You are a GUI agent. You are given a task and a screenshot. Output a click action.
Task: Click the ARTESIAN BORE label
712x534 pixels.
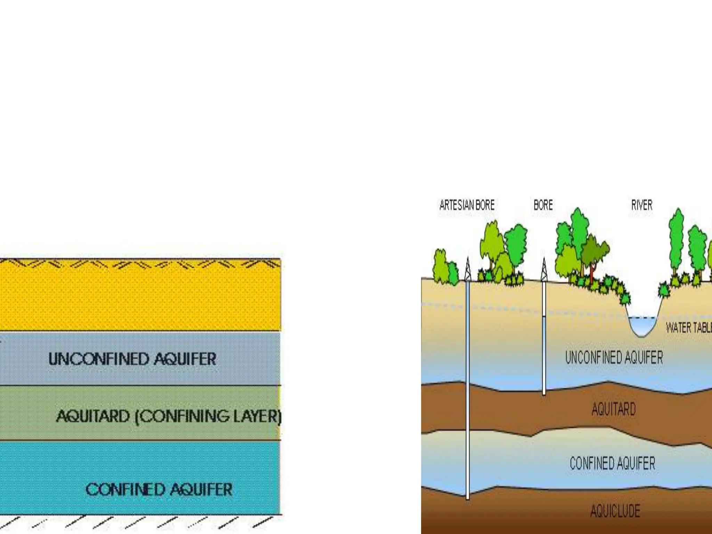point(467,205)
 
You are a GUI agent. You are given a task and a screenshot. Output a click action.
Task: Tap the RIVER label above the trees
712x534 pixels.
point(642,205)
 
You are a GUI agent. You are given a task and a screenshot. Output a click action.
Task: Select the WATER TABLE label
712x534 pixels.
point(688,327)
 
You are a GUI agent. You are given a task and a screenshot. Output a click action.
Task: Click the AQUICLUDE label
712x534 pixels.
point(615,511)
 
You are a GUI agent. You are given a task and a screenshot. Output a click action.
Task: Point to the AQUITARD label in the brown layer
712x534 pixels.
point(614,409)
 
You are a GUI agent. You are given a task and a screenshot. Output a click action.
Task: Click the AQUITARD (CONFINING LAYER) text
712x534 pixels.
point(169,416)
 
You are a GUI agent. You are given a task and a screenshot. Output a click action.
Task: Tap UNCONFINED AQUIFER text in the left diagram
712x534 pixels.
point(132,359)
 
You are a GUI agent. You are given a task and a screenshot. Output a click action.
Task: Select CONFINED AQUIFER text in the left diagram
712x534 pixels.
point(159,489)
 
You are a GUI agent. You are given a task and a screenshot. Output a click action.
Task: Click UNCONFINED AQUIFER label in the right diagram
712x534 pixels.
point(614,357)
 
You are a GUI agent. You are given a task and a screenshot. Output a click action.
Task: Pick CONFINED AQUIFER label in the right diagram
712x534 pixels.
point(612,463)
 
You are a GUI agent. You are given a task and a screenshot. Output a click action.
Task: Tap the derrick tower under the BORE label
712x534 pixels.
point(544,269)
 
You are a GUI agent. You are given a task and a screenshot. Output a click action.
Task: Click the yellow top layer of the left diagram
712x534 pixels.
point(139,299)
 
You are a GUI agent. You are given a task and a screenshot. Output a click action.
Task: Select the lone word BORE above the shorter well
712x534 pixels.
point(543,205)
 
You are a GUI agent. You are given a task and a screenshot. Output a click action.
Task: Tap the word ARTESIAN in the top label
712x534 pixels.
point(456,205)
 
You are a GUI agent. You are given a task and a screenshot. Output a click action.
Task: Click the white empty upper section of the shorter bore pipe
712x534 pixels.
point(544,299)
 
